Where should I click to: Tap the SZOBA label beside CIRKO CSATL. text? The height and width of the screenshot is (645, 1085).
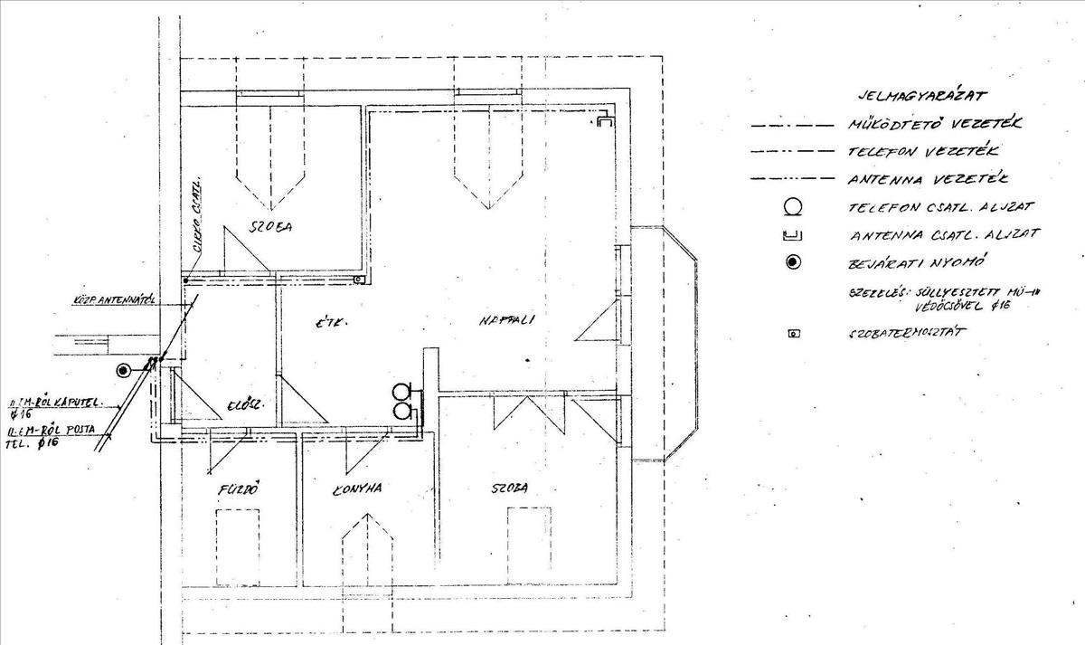[272, 226]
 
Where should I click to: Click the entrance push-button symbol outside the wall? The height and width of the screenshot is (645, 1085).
[123, 369]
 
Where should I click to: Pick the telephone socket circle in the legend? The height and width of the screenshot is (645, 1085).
[793, 207]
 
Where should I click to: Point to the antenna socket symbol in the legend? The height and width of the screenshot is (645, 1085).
[793, 237]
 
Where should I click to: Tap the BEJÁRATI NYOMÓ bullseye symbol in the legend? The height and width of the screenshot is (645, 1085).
[793, 262]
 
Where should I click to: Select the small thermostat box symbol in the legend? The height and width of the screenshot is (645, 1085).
[794, 334]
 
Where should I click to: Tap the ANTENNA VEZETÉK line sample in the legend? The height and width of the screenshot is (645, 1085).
[792, 179]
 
